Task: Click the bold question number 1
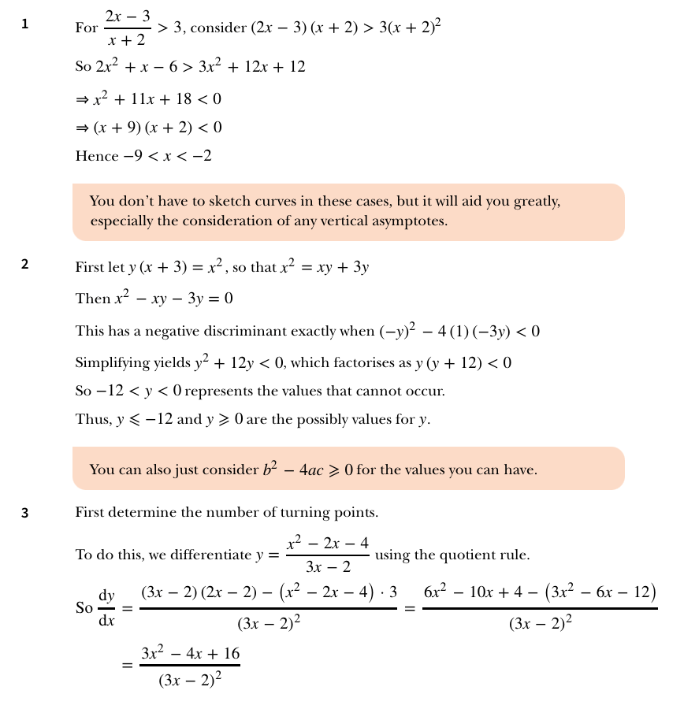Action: (24, 24)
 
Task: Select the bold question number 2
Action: (24, 265)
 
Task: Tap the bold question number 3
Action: (24, 514)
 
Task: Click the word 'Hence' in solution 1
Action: (96, 156)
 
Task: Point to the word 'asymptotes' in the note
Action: (411, 221)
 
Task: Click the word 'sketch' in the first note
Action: (221, 202)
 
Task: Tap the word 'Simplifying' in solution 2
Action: (110, 363)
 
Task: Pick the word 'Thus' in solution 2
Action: (92, 419)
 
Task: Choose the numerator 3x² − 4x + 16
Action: (190, 655)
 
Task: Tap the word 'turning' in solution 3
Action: (252, 513)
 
